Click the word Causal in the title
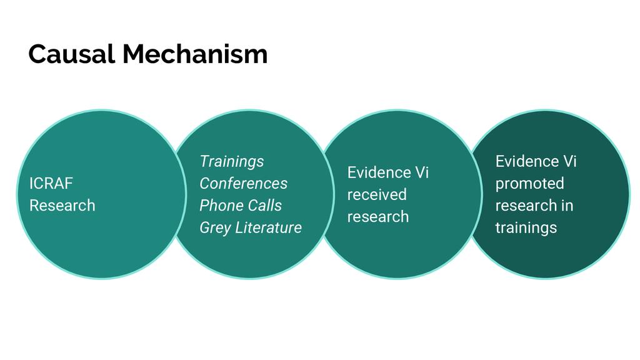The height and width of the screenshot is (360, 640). tap(71, 54)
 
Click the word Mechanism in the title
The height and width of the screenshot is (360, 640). tap(195, 54)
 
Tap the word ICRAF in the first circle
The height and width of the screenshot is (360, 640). tap(51, 183)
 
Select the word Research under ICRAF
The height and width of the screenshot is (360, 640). tap(62, 205)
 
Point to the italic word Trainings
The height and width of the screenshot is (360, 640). tap(232, 162)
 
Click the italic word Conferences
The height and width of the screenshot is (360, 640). tap(244, 183)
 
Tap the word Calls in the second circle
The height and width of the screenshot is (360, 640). tap(265, 205)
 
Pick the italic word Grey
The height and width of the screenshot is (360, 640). tap(216, 227)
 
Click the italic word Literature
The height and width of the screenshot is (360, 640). tap(269, 227)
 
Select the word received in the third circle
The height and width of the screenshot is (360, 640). tap(377, 194)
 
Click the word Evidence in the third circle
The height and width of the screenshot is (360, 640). tap(379, 172)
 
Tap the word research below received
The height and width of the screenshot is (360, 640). tap(378, 216)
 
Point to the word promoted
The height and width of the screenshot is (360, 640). tap(530, 184)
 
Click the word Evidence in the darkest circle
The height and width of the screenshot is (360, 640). tap(527, 161)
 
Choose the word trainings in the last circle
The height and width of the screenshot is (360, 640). tap(526, 227)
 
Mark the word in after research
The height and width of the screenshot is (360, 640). tap(567, 205)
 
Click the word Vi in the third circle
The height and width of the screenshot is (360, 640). tap(422, 172)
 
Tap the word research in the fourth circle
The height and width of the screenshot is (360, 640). tap(526, 205)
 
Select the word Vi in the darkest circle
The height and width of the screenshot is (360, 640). tap(570, 161)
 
